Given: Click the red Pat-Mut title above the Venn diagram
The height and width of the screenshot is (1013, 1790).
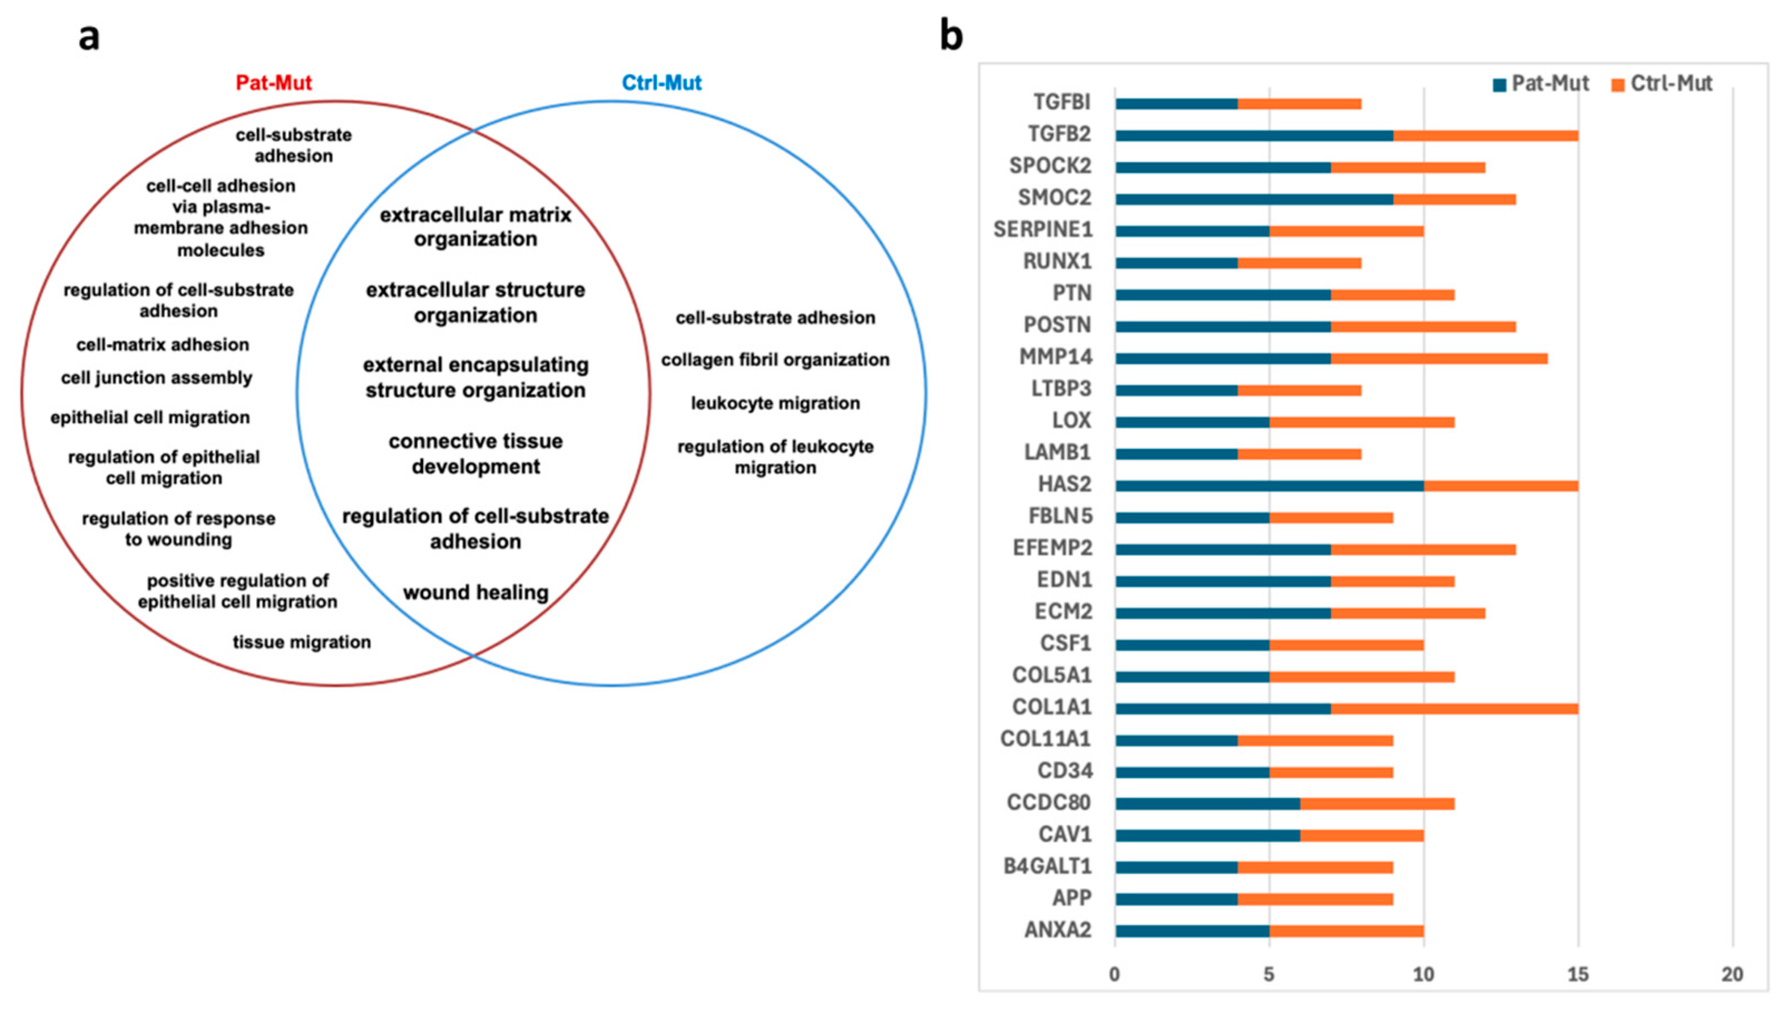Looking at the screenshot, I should (x=273, y=83).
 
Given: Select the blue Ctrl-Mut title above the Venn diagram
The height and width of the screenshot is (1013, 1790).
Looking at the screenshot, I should (x=661, y=83).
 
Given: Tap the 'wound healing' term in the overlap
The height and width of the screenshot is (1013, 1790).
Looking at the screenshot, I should (x=475, y=593).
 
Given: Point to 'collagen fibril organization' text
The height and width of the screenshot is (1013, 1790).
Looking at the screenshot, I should (x=774, y=360).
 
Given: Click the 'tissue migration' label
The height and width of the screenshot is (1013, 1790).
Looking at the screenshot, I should (x=301, y=642).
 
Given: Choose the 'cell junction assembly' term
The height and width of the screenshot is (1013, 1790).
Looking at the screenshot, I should (x=156, y=378).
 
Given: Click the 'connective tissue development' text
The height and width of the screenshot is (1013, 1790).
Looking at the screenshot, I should (x=475, y=454).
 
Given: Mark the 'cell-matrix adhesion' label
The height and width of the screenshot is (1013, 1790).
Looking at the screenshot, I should (x=162, y=344).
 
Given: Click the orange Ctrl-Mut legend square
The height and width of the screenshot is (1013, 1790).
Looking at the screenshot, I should (x=1617, y=85).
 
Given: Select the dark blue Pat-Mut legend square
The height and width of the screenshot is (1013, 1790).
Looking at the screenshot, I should (x=1499, y=85).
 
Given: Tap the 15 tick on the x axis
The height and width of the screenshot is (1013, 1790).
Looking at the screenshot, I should (x=1578, y=975).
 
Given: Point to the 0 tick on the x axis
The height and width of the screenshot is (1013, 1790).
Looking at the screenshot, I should (x=1115, y=975).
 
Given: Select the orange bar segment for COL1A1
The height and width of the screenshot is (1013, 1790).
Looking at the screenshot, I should (x=1454, y=709).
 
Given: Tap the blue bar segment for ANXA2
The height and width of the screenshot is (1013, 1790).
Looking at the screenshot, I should (x=1192, y=931).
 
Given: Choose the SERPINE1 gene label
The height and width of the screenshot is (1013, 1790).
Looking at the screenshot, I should (x=1042, y=229).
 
